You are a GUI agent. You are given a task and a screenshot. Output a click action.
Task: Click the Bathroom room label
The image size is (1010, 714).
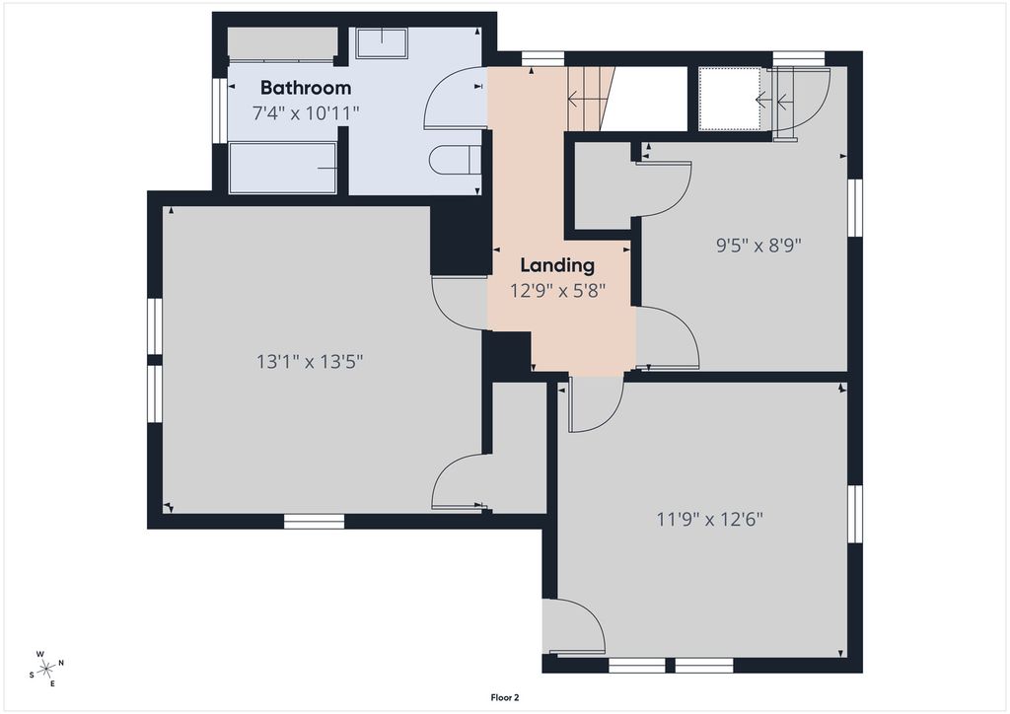click(306, 88)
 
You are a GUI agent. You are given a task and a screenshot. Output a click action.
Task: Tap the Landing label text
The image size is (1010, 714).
click(557, 265)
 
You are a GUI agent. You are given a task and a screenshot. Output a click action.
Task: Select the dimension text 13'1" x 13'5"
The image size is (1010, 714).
click(310, 362)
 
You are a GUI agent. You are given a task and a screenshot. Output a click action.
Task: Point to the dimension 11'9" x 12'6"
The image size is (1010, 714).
click(710, 519)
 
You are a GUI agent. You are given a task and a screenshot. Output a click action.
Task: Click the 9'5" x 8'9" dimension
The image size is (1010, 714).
click(758, 246)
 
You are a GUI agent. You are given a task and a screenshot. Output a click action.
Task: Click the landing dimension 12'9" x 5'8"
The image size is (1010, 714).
click(558, 291)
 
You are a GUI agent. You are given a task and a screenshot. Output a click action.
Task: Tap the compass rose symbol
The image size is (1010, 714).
click(46, 670)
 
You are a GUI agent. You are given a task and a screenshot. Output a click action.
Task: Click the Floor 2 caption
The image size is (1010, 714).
click(505, 697)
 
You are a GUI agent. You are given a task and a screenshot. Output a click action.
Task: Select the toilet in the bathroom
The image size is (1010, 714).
click(455, 160)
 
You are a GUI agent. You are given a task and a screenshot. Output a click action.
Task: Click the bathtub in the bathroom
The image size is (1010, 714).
click(283, 168)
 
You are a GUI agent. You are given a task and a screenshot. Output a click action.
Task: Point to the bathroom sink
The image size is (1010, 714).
click(382, 42)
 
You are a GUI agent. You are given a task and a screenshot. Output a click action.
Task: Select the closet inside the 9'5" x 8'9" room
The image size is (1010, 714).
click(603, 185)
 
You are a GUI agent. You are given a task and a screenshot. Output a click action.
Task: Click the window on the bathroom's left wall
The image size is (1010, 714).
click(220, 110)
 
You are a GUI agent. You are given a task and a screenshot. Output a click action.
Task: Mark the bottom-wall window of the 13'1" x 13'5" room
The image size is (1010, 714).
click(314, 522)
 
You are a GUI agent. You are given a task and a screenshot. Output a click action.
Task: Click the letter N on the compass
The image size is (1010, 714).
click(61, 663)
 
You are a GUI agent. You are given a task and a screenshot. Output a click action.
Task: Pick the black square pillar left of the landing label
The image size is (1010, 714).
click(458, 241)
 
